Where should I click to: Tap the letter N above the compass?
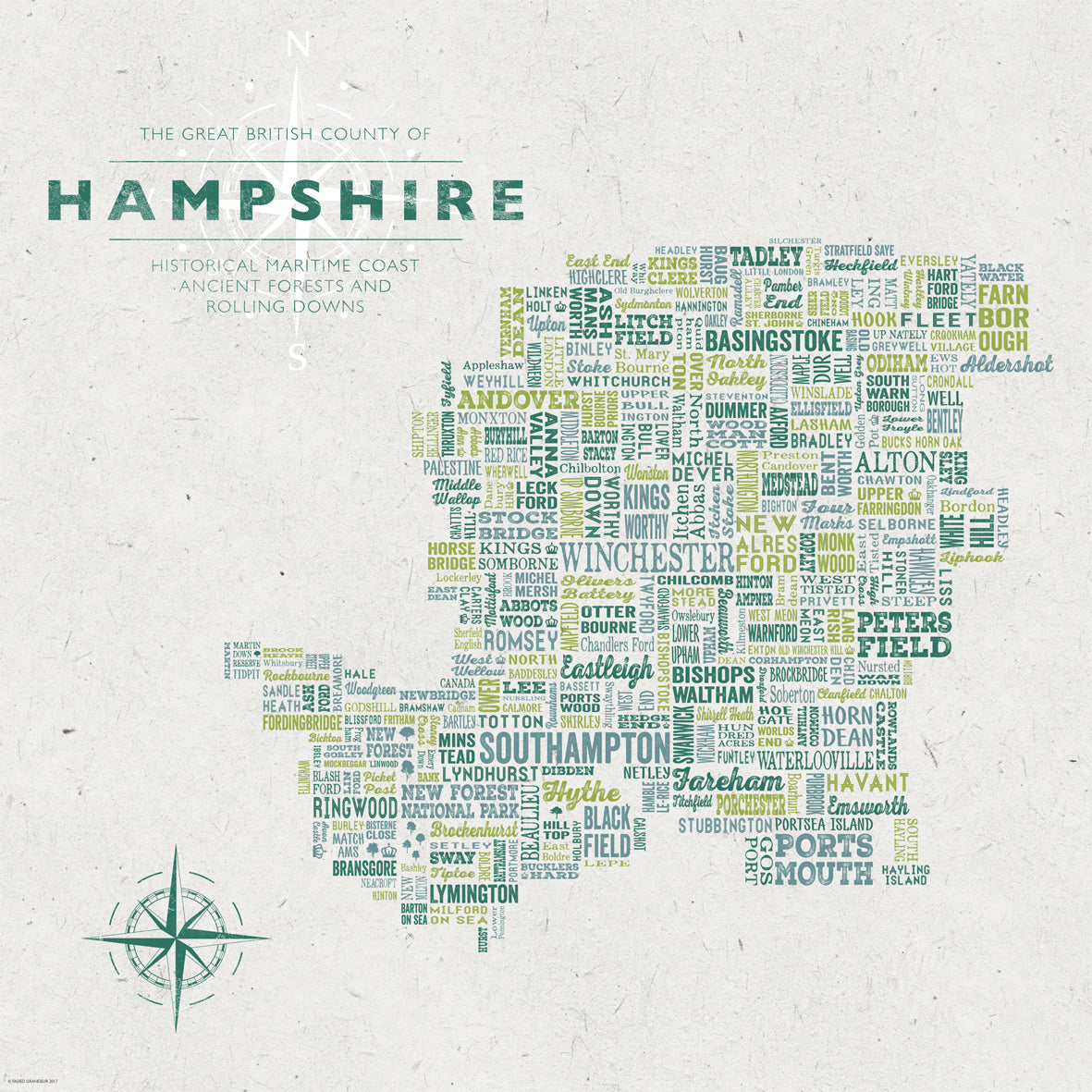[297, 43]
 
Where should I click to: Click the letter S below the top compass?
[297, 355]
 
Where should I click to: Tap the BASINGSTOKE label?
[774, 340]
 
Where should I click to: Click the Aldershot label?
[1007, 362]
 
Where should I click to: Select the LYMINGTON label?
[474, 894]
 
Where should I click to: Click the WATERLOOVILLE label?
[816, 761]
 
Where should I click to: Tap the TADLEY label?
[766, 255]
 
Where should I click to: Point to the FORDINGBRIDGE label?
[301, 722]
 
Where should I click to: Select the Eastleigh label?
[607, 668]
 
